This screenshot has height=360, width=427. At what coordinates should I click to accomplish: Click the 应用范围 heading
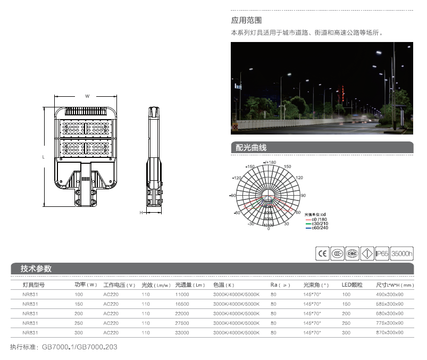(x=246, y=21)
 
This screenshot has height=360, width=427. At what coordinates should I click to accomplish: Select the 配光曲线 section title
(x=251, y=148)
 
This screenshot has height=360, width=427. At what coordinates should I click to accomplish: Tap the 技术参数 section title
(x=36, y=269)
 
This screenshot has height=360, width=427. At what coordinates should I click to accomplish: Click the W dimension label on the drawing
(x=87, y=96)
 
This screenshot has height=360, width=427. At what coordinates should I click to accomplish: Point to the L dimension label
(x=43, y=157)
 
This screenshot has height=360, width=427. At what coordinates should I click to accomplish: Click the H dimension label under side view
(x=141, y=212)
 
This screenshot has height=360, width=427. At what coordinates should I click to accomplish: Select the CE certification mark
(x=322, y=254)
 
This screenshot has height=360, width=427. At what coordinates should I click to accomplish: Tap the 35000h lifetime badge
(x=401, y=254)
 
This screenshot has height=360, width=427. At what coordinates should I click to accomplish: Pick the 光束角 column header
(x=316, y=284)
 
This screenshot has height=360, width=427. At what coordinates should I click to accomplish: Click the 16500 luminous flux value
(x=182, y=304)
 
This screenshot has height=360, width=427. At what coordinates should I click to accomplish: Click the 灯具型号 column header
(x=33, y=284)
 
